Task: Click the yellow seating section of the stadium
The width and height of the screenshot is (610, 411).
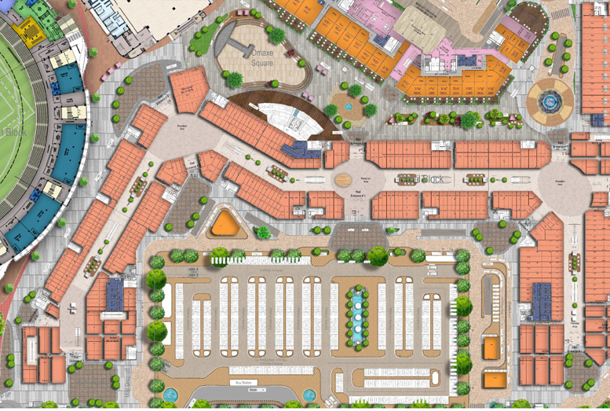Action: point(30,31)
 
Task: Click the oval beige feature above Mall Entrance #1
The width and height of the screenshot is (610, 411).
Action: point(345,179)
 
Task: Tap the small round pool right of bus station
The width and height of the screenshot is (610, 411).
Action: point(309,394)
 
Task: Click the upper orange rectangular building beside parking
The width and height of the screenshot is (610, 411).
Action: point(491,347)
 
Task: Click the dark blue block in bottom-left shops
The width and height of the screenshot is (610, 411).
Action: point(115,294)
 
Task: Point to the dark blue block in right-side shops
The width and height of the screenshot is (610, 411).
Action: point(541,300)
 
